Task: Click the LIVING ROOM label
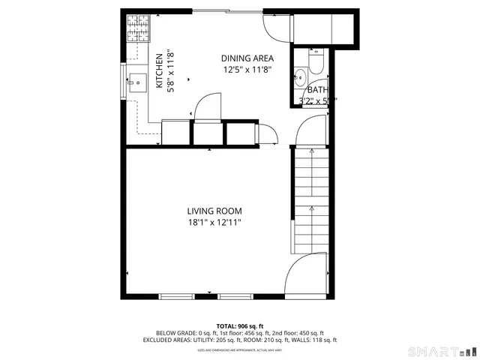click(214, 211)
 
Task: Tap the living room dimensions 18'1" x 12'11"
click(214, 222)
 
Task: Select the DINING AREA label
click(247, 58)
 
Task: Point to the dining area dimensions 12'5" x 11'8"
click(247, 70)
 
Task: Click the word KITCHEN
click(159, 71)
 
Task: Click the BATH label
click(317, 90)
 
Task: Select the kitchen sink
click(137, 79)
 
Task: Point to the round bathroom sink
click(300, 74)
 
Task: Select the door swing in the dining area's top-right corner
click(276, 26)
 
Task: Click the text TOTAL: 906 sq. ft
click(239, 326)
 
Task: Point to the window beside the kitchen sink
click(124, 79)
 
